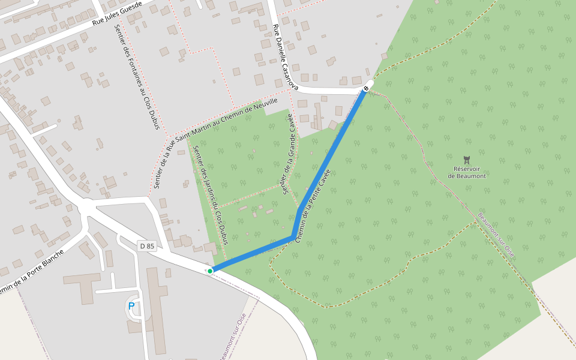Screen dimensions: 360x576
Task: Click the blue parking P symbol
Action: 131,306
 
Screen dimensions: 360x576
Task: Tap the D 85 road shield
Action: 146,246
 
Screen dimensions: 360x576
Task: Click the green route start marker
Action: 210,271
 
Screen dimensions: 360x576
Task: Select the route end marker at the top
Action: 366,89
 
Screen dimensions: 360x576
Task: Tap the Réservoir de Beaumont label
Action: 466,172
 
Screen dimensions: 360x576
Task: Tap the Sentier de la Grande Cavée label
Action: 288,154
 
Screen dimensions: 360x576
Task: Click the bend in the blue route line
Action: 294,238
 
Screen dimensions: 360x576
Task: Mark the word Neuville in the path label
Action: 266,103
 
